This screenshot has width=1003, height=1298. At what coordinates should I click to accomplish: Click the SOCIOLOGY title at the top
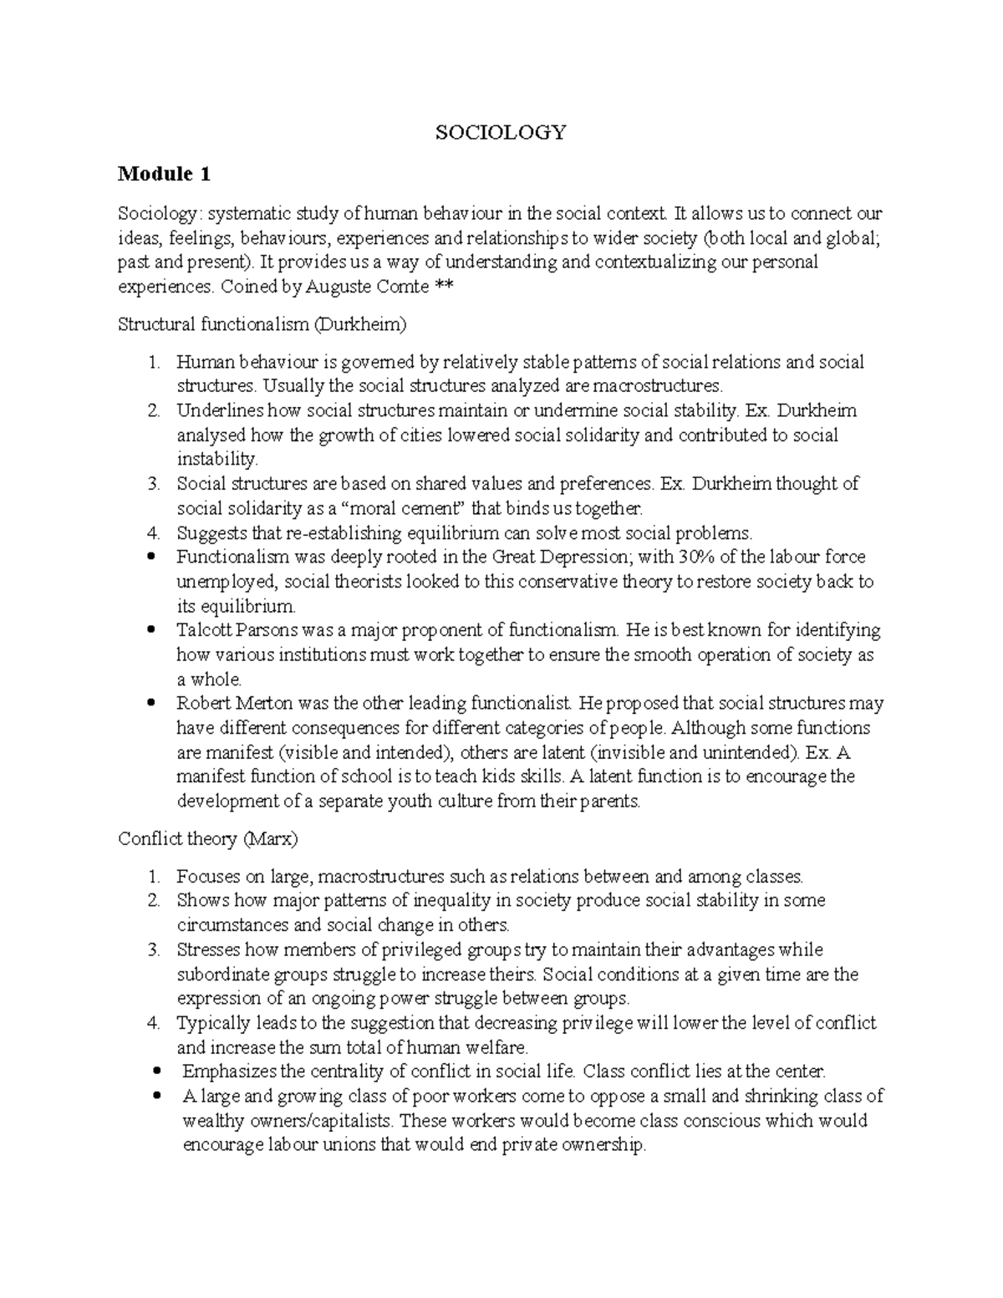pos(501,132)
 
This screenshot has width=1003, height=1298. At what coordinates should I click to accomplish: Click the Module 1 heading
pos(164,174)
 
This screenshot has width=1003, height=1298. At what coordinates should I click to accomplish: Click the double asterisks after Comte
pos(442,287)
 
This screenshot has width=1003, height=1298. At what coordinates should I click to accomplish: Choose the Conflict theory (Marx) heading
pos(208,838)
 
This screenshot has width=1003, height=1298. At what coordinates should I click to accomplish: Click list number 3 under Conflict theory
pos(153,950)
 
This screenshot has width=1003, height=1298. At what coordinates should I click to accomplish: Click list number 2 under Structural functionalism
pos(153,411)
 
